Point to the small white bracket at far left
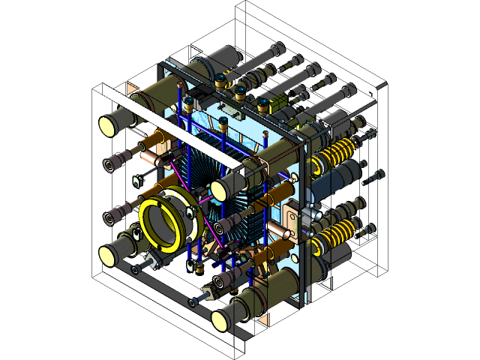(139, 181)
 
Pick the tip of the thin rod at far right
(385, 84)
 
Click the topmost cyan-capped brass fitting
(221, 77)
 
